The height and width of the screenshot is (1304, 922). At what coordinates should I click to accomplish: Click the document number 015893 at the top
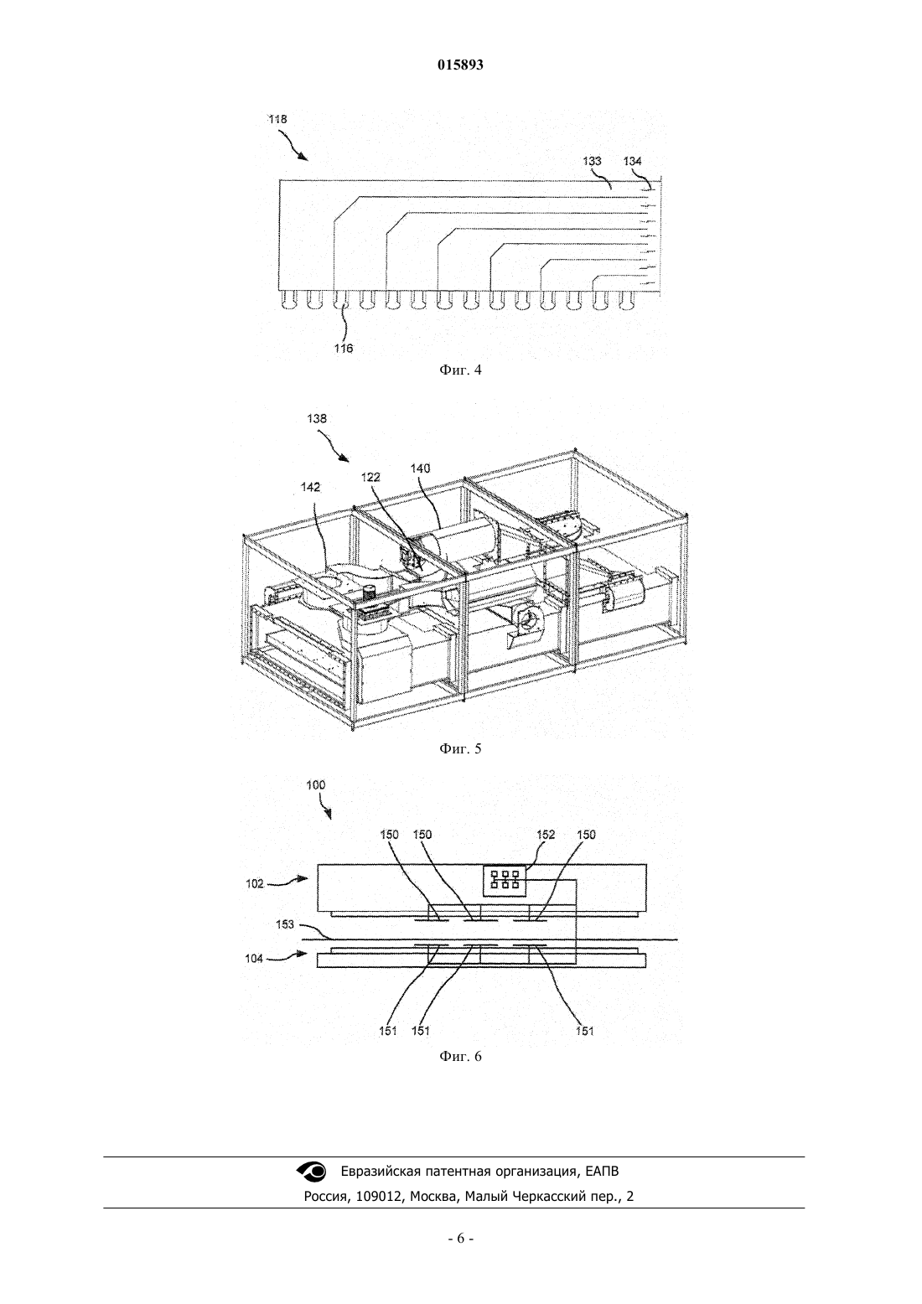(x=460, y=65)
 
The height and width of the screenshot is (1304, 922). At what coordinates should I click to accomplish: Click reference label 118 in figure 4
(x=277, y=119)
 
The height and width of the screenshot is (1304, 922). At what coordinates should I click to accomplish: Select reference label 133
(x=592, y=161)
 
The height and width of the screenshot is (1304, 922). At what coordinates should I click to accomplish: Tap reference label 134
(x=632, y=161)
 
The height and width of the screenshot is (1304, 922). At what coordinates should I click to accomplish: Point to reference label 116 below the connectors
(x=344, y=349)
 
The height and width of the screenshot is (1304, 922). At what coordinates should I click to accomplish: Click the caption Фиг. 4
(x=460, y=370)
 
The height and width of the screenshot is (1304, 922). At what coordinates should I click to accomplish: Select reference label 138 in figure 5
(x=317, y=418)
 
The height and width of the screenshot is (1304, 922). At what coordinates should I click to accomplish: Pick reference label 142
(x=311, y=487)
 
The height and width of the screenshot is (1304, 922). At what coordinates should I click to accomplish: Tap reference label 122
(x=370, y=478)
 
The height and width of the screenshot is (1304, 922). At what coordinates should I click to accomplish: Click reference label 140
(x=420, y=468)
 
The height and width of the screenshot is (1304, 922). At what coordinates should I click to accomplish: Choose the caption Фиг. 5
(x=460, y=748)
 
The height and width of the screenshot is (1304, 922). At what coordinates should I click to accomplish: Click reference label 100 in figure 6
(x=316, y=784)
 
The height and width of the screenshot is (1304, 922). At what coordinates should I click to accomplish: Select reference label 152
(x=546, y=835)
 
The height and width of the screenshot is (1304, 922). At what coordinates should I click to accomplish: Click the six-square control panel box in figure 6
(x=505, y=878)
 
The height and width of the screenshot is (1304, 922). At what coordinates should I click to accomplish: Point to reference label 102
(x=254, y=883)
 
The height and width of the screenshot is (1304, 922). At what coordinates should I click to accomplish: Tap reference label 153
(x=285, y=924)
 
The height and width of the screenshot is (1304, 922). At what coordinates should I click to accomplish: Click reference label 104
(x=254, y=958)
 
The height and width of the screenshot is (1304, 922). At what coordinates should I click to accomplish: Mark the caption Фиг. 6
(x=460, y=1057)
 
